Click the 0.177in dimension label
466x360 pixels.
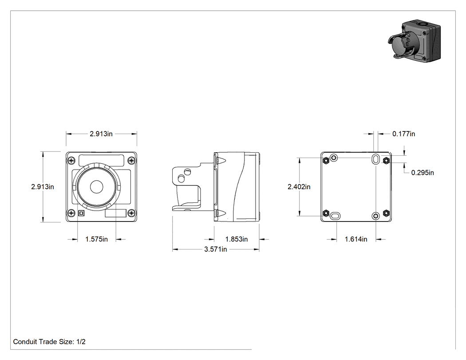click(403, 134)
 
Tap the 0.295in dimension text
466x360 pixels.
click(423, 172)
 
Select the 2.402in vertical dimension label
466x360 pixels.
click(299, 187)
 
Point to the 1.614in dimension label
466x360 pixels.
click(356, 239)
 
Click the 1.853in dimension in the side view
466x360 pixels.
click(236, 239)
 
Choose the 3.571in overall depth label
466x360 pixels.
click(215, 249)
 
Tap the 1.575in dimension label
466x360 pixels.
click(96, 239)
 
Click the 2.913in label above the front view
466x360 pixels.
click(101, 134)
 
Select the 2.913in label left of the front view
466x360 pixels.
click(43, 187)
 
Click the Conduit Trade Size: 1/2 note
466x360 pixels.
click(49, 341)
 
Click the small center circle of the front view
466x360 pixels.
click(96, 187)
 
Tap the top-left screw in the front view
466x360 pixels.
click(71, 161)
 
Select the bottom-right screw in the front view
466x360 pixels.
click(132, 213)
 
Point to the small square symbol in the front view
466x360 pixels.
click(81, 213)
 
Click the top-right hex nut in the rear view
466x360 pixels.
click(386, 161)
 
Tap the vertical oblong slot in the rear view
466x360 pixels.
click(375, 159)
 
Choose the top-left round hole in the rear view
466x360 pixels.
click(334, 157)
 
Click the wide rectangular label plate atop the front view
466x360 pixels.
click(101, 161)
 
